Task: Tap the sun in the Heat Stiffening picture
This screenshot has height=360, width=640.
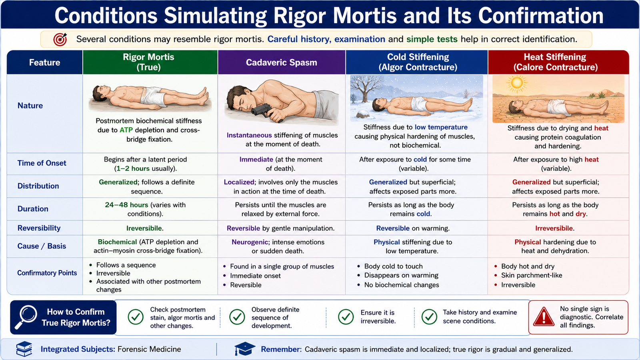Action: click(x=516, y=83)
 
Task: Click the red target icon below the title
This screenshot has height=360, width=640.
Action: click(x=60, y=39)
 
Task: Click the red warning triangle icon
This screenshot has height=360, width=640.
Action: click(x=544, y=316)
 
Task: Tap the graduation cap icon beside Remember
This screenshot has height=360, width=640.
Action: click(x=244, y=348)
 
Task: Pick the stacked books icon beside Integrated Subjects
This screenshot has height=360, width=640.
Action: click(x=24, y=349)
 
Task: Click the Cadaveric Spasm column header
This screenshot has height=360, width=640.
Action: click(x=282, y=62)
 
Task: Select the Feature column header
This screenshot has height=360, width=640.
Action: click(x=44, y=62)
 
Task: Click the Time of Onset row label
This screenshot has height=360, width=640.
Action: click(x=42, y=163)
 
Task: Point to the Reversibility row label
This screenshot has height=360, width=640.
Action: click(x=39, y=228)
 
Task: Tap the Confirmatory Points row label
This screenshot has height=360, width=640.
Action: click(x=47, y=273)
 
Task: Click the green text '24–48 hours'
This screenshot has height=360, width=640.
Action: click(x=126, y=205)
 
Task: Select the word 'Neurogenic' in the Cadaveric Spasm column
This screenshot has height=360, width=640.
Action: click(x=250, y=242)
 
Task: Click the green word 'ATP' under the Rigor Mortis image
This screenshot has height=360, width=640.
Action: click(x=126, y=130)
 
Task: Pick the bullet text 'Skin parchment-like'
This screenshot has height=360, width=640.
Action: click(x=532, y=275)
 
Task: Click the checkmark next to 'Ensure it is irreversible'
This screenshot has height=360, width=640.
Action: click(x=346, y=317)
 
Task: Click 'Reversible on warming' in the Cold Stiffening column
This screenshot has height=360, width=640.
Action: click(x=413, y=228)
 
